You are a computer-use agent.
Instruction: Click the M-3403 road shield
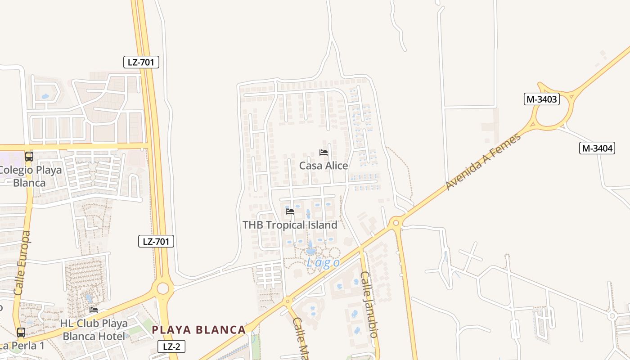pos(541,99)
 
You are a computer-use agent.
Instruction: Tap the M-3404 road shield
pos(597,148)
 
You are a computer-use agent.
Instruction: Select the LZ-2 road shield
pos(171,346)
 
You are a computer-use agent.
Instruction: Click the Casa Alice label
pos(324,166)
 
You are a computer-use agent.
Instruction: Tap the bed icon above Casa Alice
pos(323,153)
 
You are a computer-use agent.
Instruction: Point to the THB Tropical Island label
pos(290,225)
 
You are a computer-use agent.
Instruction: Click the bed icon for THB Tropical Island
pos(290,211)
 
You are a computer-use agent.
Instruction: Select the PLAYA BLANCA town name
pos(198,330)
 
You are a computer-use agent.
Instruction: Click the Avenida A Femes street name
pos(483,161)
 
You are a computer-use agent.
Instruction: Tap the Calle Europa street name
pos(22,263)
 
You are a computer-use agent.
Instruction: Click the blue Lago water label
pos(323,263)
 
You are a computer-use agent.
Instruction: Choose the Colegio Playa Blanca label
pos(30,176)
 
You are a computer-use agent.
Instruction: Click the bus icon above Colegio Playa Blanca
pos(29,157)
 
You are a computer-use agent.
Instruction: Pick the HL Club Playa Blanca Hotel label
pos(94,330)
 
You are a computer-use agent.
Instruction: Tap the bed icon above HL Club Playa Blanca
pos(94,310)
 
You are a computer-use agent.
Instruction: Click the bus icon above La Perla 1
pos(21,333)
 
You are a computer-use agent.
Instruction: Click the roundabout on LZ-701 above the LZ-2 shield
pos(162,288)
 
